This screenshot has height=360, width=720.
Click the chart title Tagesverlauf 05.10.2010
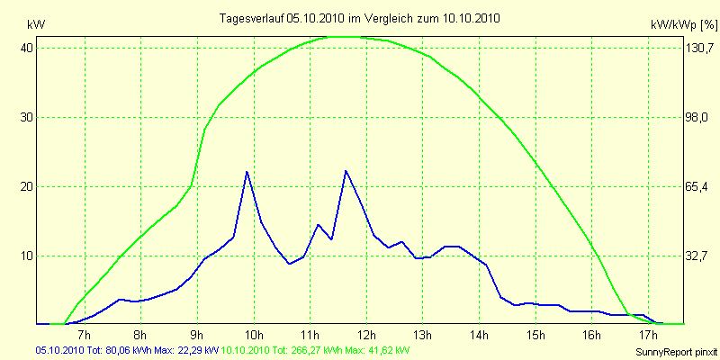pyautogui.click(x=361, y=18)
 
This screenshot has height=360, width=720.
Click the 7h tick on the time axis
pyautogui.click(x=85, y=335)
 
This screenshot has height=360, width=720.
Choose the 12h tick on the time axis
pyautogui.click(x=367, y=335)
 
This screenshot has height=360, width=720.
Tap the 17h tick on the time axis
pyautogui.click(x=649, y=335)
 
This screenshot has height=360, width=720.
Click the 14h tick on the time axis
pyautogui.click(x=480, y=335)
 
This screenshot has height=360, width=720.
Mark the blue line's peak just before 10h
pyautogui.click(x=247, y=171)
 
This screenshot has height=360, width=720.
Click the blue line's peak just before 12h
pyautogui.click(x=346, y=170)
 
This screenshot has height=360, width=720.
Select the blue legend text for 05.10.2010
pyautogui.click(x=127, y=350)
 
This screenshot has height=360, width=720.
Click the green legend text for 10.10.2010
pyautogui.click(x=316, y=350)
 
